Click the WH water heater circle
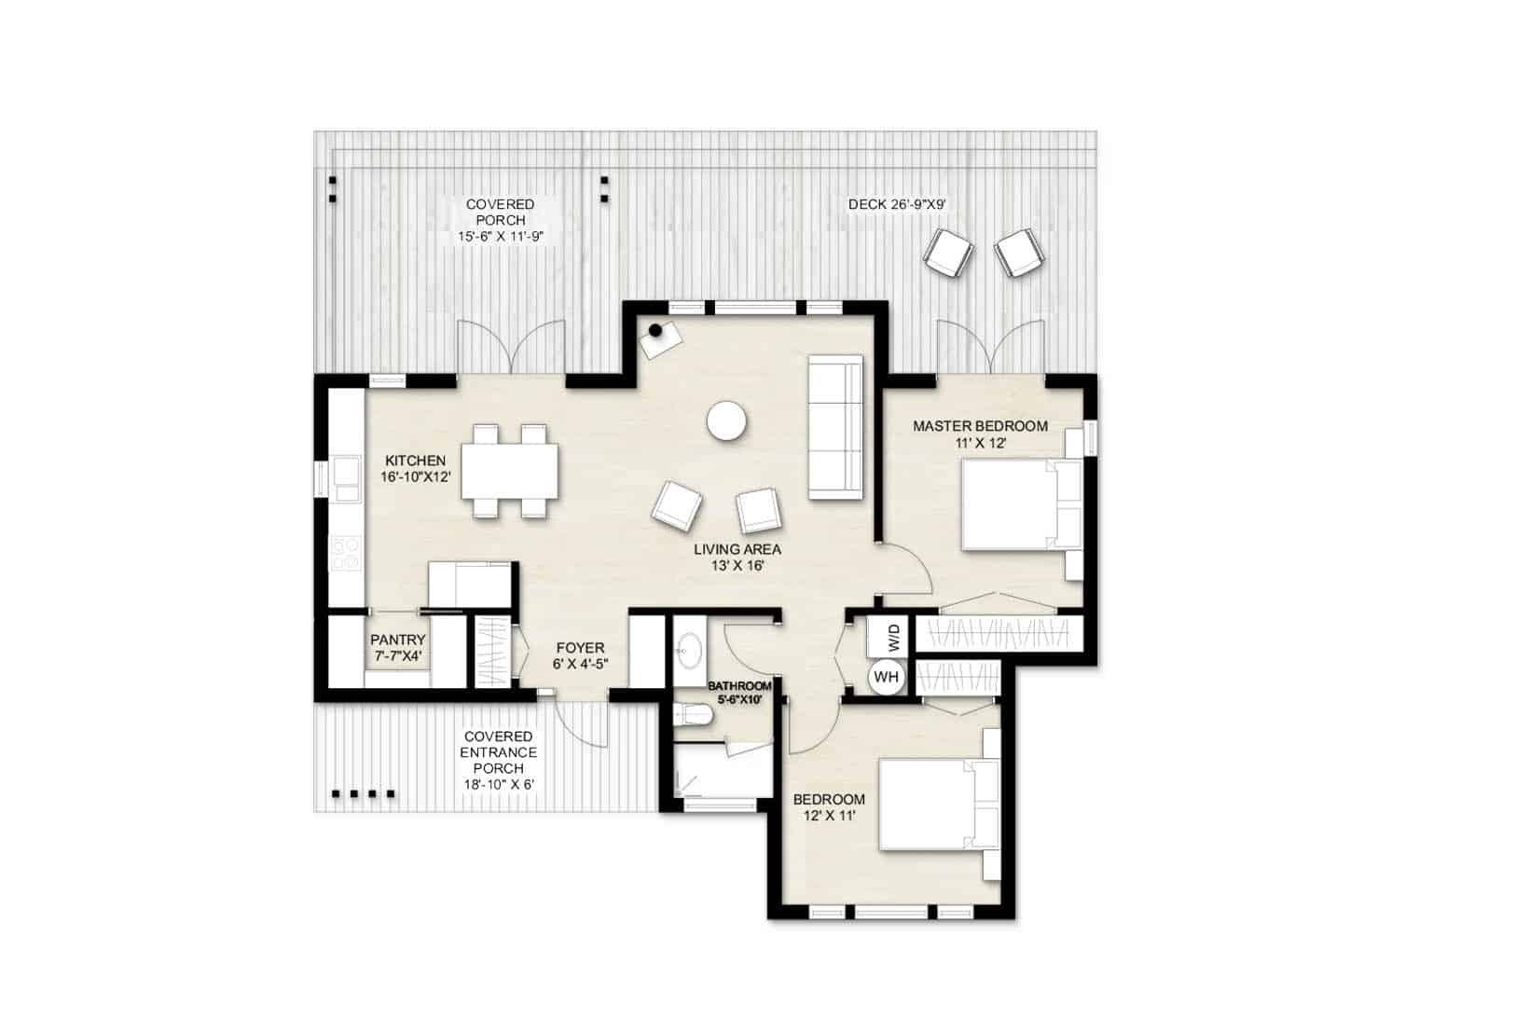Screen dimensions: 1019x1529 [x=887, y=677]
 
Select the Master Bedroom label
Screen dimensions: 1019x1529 [x=980, y=434]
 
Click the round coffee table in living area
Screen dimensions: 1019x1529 [x=726, y=420]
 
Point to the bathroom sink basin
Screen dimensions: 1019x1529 [x=689, y=649]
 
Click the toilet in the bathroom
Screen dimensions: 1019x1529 [x=693, y=715]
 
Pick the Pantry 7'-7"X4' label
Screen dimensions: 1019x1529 [x=398, y=647]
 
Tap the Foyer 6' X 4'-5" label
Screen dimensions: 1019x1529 [x=580, y=655]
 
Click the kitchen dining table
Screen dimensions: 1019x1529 [x=510, y=471]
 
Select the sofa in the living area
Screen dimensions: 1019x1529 [x=835, y=427]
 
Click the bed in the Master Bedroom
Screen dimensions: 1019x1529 [x=1019, y=504]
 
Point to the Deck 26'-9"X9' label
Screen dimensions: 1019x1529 [x=897, y=204]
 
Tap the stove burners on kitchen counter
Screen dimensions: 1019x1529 [x=346, y=554]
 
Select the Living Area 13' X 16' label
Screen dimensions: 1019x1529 [x=737, y=557]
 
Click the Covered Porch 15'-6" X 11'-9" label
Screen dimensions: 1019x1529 [x=501, y=220]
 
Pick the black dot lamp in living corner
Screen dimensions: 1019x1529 [x=656, y=330]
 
